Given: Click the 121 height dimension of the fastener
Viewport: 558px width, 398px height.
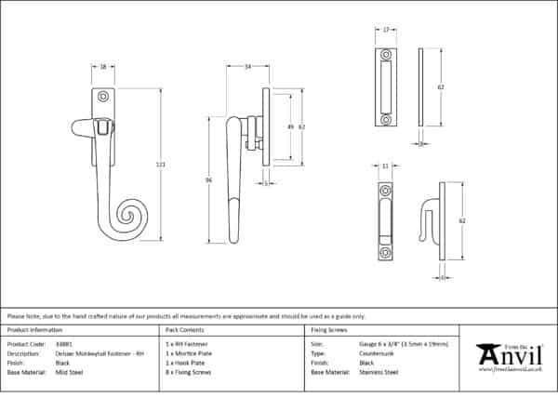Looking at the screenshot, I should (161, 165).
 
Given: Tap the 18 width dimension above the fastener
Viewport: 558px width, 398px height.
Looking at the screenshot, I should (102, 67).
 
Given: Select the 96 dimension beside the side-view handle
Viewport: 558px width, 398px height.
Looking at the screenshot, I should (209, 179).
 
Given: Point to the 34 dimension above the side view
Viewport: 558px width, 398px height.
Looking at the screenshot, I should (247, 67).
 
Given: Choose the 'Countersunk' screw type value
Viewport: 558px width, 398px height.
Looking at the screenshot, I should (379, 353).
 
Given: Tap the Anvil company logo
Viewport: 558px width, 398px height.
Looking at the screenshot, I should (508, 355).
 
